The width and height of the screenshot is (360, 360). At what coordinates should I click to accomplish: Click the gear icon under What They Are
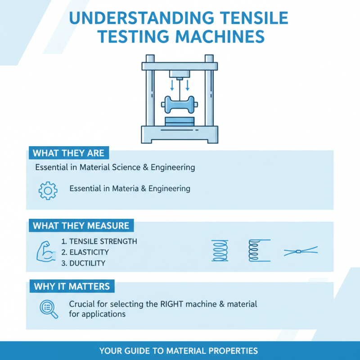pyautogui.click(x=48, y=190)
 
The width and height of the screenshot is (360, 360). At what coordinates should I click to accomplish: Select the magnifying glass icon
pyautogui.click(x=48, y=309)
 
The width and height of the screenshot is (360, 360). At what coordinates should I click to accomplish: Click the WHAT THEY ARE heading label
pyautogui.click(x=68, y=153)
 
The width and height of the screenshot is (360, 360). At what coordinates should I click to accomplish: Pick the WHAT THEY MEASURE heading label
pyautogui.click(x=81, y=225)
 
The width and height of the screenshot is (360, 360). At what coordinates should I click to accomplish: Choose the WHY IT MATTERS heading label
pyautogui.click(x=72, y=286)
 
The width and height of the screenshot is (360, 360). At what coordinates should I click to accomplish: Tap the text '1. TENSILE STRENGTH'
pyautogui.click(x=99, y=242)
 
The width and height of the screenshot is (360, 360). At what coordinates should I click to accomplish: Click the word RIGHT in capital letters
pyautogui.click(x=172, y=304)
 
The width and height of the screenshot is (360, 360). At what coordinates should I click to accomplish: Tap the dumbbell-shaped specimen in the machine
pyautogui.click(x=180, y=104)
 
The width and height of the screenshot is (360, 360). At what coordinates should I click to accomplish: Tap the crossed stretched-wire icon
pyautogui.click(x=301, y=252)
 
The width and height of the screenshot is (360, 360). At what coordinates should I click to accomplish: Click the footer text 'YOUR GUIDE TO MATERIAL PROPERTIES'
pyautogui.click(x=179, y=351)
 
